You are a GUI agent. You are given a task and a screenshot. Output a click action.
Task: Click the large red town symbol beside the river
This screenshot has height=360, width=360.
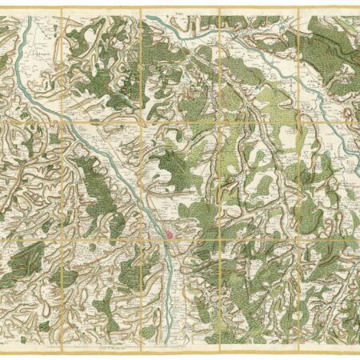(170, 234)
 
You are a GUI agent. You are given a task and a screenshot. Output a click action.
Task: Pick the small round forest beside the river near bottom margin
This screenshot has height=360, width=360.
(148, 330)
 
